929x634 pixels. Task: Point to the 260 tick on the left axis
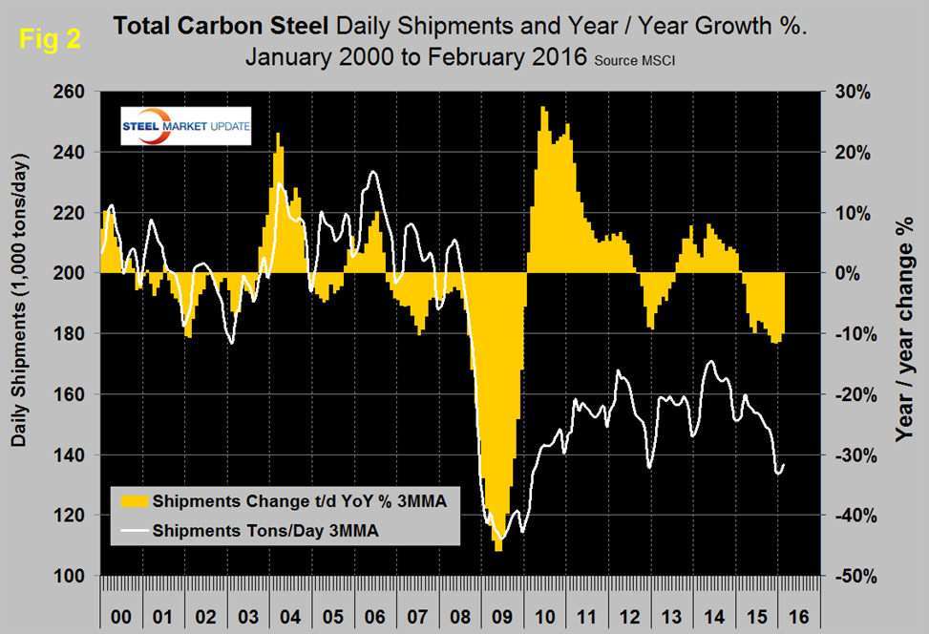tap(73, 92)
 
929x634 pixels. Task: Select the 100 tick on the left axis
tap(73, 576)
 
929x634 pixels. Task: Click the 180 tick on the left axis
tap(73, 334)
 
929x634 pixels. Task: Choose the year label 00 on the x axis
tap(121, 616)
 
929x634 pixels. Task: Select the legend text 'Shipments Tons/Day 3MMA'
tap(265, 534)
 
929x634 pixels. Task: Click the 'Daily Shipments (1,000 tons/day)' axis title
tap(20, 332)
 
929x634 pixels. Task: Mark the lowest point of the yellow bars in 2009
tap(498, 550)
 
